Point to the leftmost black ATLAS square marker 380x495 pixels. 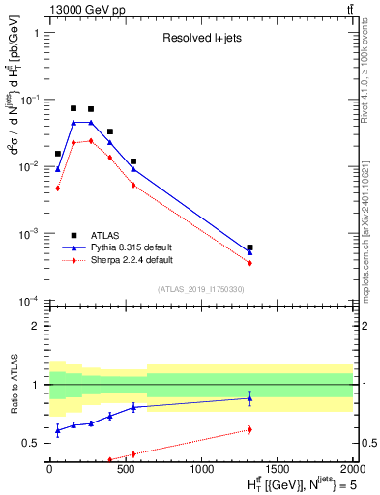tap(58, 154)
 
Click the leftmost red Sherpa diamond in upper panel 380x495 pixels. tap(58, 189)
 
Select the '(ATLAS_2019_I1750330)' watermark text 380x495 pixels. tap(200, 289)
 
